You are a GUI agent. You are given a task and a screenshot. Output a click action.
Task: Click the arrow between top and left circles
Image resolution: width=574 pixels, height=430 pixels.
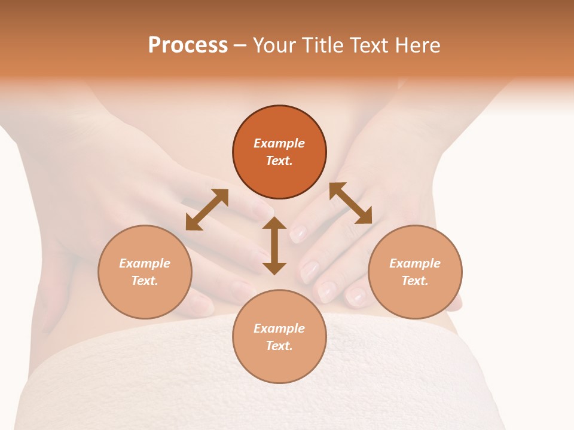click(x=207, y=210)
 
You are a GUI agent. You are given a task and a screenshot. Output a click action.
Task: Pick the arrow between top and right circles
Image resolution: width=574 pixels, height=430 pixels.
click(x=350, y=203)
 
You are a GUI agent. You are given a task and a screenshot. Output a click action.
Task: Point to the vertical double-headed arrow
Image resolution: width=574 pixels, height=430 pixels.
click(x=274, y=245)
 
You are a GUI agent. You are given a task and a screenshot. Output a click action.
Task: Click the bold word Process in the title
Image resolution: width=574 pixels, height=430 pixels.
click(x=188, y=45)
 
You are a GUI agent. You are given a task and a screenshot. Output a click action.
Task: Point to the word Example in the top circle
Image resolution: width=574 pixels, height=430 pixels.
click(x=279, y=143)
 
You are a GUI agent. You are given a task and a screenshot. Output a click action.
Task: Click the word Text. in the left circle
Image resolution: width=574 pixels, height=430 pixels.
click(x=145, y=281)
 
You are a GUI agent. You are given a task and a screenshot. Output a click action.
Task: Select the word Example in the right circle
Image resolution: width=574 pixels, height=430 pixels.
click(x=415, y=263)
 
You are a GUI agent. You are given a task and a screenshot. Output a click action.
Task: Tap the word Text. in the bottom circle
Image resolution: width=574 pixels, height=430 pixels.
click(x=279, y=346)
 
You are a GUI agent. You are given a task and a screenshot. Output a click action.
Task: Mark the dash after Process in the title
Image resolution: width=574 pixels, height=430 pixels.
click(x=240, y=45)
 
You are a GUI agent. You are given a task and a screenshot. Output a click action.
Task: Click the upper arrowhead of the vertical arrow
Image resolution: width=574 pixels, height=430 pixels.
click(x=274, y=223)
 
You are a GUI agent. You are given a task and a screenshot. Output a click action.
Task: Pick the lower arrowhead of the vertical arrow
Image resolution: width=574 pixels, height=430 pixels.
click(x=274, y=268)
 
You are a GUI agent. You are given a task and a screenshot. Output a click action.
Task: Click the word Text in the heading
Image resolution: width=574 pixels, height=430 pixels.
click(x=369, y=45)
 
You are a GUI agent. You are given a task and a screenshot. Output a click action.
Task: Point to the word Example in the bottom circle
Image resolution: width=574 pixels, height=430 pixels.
click(x=279, y=328)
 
